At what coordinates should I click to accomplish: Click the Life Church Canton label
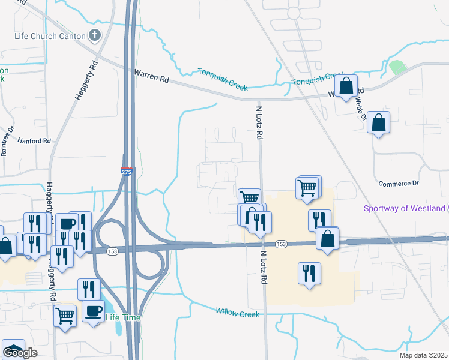(x=50, y=35)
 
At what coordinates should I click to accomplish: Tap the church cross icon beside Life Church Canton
(x=94, y=35)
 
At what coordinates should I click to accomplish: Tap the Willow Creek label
(x=237, y=313)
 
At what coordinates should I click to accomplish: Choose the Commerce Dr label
(x=399, y=183)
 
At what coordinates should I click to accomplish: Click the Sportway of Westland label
(x=405, y=209)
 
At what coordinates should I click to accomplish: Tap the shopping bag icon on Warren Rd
(x=346, y=87)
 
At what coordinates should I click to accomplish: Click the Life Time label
(x=118, y=317)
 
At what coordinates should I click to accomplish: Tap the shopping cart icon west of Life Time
(x=65, y=315)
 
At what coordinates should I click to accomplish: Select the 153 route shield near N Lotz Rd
(x=281, y=244)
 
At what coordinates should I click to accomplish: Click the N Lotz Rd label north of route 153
(x=260, y=123)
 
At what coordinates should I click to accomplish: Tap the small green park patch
(x=397, y=67)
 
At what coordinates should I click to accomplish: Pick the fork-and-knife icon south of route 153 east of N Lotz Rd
(x=309, y=274)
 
